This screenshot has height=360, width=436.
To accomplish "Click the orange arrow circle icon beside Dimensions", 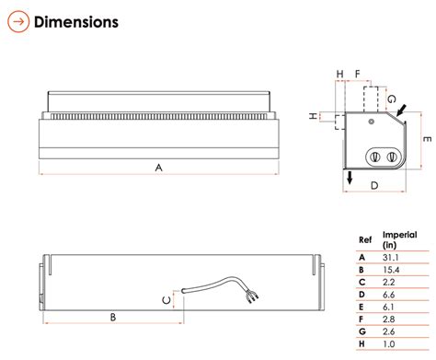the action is (x=18, y=21).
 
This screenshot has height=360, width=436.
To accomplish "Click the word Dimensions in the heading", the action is (x=76, y=22).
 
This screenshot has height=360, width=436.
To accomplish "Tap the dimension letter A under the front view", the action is (x=158, y=168).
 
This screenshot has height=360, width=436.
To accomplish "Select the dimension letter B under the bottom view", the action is (x=113, y=317).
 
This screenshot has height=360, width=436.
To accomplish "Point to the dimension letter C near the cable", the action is (x=166, y=300).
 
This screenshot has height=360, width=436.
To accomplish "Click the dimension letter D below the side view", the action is (x=374, y=185).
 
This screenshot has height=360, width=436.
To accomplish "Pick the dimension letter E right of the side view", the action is (x=427, y=139).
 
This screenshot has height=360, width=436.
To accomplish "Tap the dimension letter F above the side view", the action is (x=357, y=74).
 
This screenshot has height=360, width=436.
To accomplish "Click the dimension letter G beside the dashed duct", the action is (x=392, y=99).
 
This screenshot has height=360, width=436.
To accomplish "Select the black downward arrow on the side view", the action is (x=350, y=178).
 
